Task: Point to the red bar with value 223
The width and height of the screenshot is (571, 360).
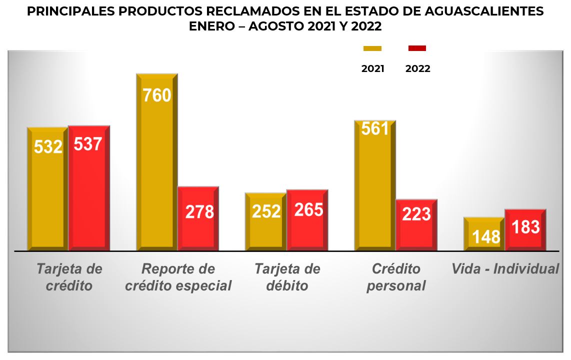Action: [416, 224]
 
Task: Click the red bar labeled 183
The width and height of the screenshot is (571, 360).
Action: [525, 229]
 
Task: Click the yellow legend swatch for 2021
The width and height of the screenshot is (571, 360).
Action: [372, 48]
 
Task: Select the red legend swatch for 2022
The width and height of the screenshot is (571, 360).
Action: [417, 48]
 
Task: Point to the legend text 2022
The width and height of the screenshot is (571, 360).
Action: [417, 69]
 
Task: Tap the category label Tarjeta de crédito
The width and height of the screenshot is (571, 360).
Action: [69, 277]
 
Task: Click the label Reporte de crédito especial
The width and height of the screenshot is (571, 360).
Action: [178, 277]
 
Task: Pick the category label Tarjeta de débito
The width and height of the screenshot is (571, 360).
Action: [287, 277]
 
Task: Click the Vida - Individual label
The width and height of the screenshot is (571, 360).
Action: [505, 269]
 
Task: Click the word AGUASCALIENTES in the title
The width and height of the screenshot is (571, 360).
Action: [480, 11]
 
